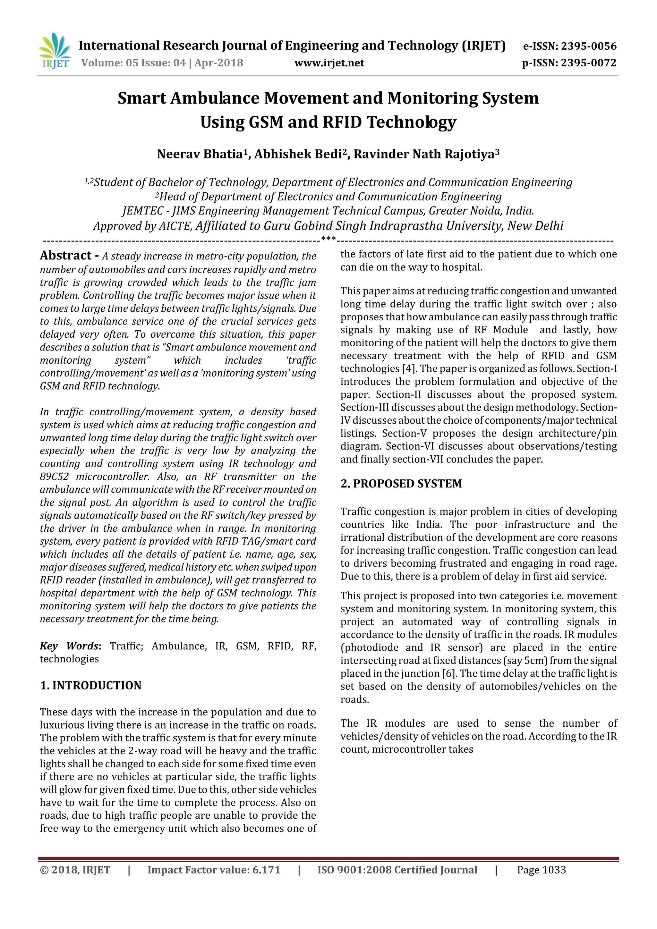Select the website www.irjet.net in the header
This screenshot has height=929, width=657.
[x=329, y=63]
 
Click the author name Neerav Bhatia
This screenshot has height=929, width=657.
[x=200, y=154]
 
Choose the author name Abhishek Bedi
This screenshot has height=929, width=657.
[x=297, y=154]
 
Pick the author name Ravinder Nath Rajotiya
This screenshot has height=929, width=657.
[x=424, y=154]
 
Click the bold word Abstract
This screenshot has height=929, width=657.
[x=65, y=256]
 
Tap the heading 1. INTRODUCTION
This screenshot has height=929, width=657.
[x=91, y=685]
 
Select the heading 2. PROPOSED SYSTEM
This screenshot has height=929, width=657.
[x=401, y=484]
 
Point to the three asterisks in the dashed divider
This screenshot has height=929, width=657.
[x=328, y=239]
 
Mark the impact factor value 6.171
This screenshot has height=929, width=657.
[x=266, y=870]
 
